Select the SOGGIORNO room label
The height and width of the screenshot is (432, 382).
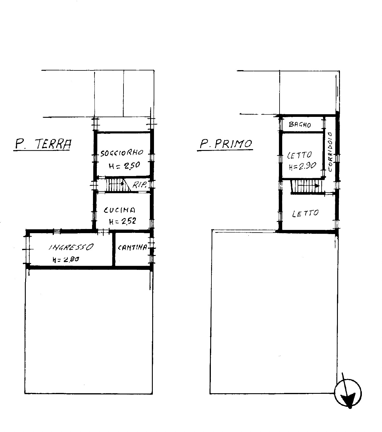(x=122, y=153)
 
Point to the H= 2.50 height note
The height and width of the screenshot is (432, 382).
(x=124, y=165)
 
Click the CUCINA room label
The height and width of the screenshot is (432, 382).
(x=120, y=210)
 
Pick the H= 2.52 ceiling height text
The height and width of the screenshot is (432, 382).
(x=123, y=221)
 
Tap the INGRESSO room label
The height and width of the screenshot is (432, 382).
(x=71, y=247)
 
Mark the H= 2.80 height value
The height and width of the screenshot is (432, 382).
(x=66, y=259)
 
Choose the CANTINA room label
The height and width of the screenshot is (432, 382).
(x=133, y=247)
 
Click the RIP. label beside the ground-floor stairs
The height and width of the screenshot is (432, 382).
(x=139, y=185)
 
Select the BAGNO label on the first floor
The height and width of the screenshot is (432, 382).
(x=300, y=125)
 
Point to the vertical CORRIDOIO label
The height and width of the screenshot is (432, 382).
(x=330, y=151)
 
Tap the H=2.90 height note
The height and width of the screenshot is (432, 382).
(x=302, y=166)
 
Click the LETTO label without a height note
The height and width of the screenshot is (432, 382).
(x=305, y=213)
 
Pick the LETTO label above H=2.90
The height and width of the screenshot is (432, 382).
(x=299, y=155)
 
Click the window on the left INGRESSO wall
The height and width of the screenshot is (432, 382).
(x=27, y=249)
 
